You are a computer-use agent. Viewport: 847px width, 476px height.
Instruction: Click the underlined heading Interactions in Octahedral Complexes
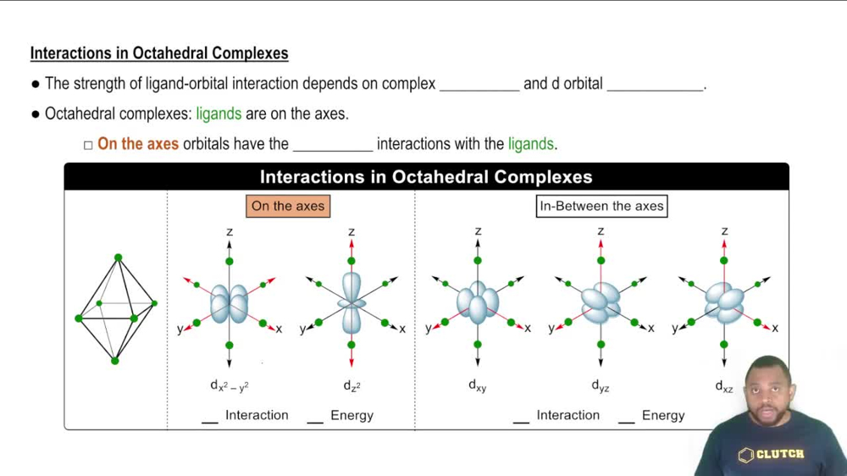click(159, 53)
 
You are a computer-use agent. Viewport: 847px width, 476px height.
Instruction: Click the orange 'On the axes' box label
click(287, 206)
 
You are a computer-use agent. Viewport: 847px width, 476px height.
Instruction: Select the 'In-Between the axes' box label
click(601, 206)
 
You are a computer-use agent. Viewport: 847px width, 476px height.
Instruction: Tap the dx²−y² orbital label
click(230, 385)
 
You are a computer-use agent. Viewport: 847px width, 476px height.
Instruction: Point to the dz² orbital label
click(352, 385)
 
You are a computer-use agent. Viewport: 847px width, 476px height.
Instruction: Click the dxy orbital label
click(478, 385)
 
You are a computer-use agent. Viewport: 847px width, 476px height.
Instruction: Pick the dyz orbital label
click(601, 385)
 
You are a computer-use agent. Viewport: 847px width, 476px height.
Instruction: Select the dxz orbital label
click(724, 385)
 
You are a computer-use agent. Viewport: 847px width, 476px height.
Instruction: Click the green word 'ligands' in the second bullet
click(219, 113)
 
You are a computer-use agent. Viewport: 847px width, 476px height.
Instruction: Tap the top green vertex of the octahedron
click(118, 257)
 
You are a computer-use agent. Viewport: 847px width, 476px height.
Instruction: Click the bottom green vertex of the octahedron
click(115, 361)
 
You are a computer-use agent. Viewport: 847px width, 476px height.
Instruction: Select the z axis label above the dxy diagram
click(479, 231)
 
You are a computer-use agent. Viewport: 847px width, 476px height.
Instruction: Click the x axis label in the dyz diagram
click(651, 329)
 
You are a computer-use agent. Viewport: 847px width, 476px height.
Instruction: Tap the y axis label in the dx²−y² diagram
click(180, 329)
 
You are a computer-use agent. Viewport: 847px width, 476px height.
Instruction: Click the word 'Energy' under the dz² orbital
click(352, 415)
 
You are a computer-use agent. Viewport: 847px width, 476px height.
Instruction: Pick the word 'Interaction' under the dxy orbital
click(567, 415)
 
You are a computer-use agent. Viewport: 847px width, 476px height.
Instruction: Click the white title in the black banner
click(426, 177)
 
